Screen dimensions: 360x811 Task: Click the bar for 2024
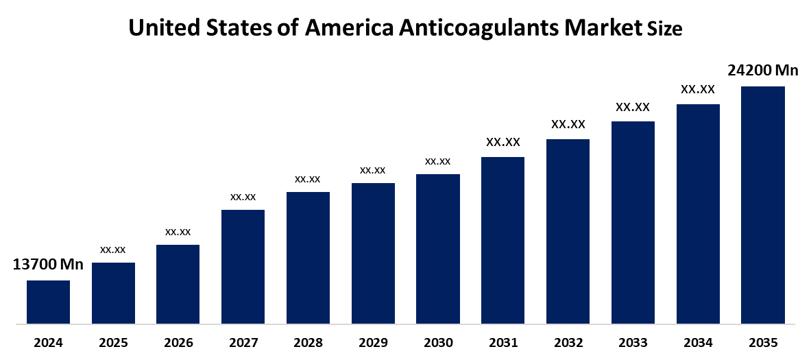pos(48,302)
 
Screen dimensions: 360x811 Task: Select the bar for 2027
pos(243,266)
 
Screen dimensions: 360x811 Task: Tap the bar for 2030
pos(437,248)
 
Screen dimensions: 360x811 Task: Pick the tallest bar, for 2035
pos(762,204)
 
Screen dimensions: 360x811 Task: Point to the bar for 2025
pos(113,293)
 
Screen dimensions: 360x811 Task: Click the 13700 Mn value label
pos(48,265)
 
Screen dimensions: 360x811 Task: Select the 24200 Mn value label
pos(762,70)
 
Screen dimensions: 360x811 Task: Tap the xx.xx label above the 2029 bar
pos(373,169)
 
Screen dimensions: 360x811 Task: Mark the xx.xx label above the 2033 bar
pos(633,107)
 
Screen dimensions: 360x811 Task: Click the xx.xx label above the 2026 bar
pos(178,232)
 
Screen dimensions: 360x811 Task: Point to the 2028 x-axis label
pos(308,343)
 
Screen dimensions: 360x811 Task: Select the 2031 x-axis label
pos(503,343)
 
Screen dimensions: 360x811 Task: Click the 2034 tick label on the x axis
pos(698,343)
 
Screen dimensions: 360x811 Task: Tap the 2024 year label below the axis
pos(48,343)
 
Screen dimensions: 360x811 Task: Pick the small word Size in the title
pos(665,29)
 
